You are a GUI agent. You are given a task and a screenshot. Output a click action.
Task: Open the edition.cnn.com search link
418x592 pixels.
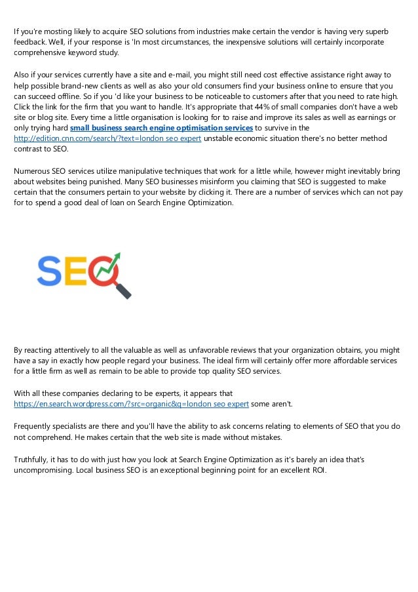tap(108, 139)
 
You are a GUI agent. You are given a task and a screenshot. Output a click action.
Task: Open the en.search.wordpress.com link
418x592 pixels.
tap(131, 404)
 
